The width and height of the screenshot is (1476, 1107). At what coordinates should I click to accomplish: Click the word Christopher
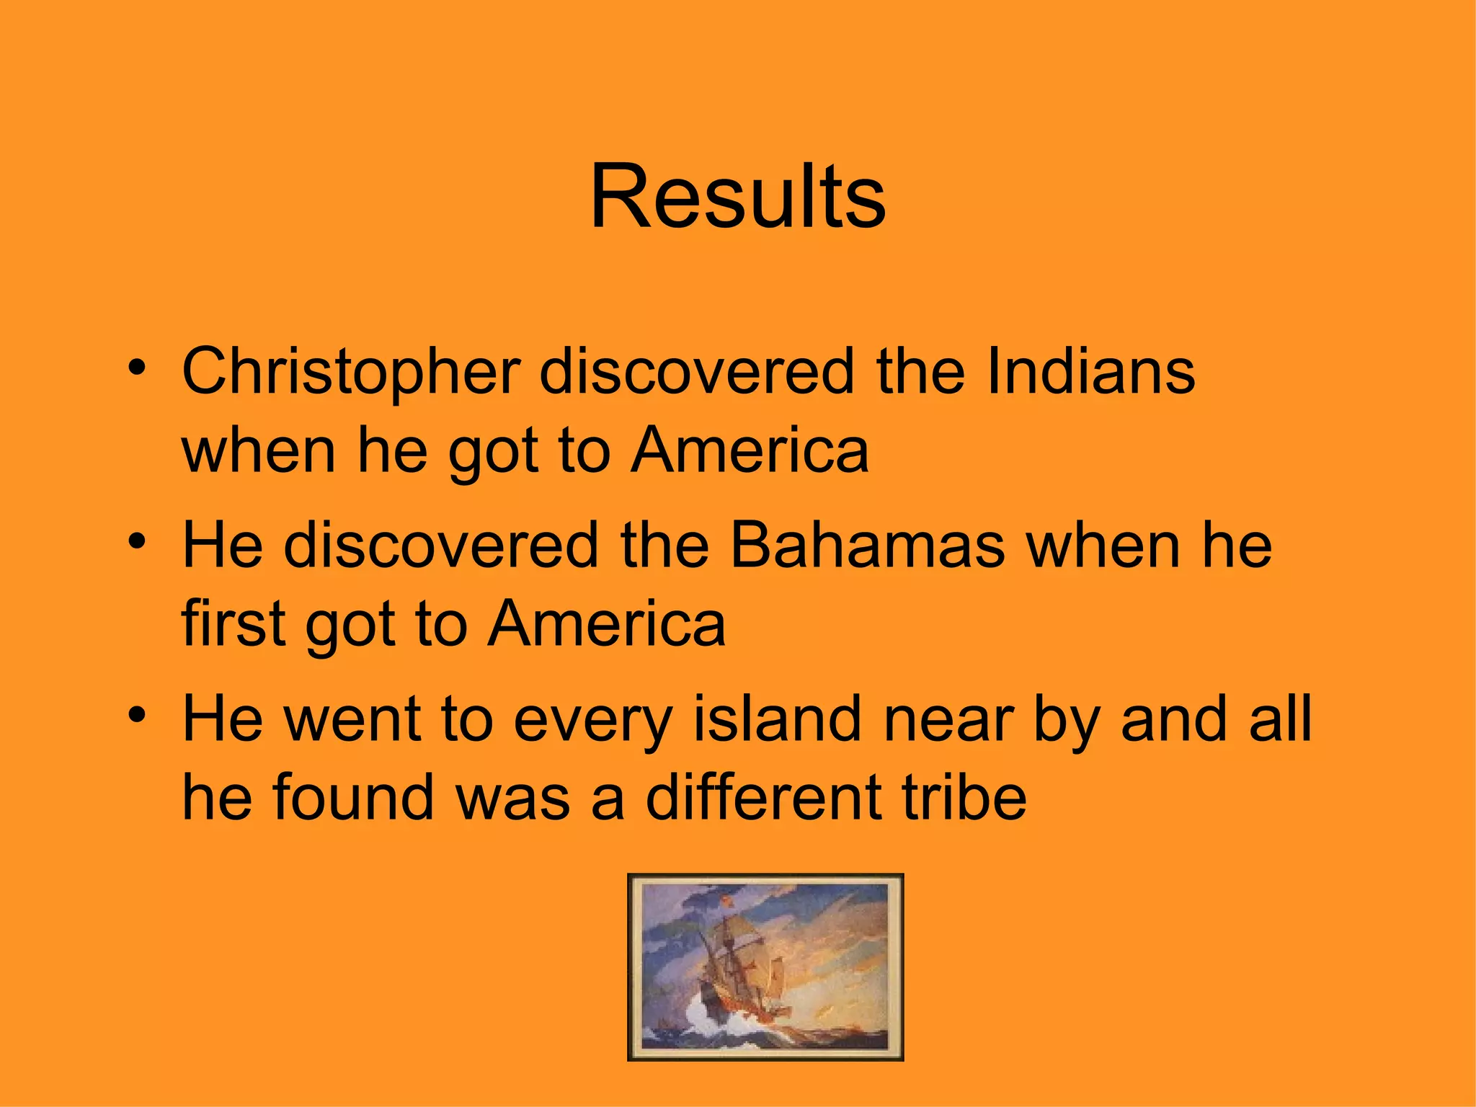(351, 373)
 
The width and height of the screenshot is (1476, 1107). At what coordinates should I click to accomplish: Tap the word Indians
(1090, 372)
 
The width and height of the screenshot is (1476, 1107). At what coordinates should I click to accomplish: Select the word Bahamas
(868, 546)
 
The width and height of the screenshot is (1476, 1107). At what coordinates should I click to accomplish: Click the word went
(352, 720)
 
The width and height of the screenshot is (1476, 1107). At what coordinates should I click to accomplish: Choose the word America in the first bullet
(750, 450)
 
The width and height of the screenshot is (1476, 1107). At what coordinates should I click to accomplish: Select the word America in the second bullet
(607, 624)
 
